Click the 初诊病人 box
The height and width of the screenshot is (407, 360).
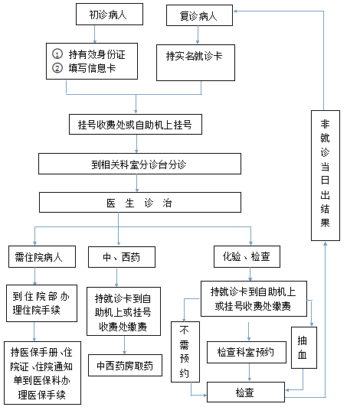[110, 15]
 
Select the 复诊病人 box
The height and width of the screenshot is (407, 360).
[199, 15]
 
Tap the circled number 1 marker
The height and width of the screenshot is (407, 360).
[57, 54]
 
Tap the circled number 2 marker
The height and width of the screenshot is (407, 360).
[57, 68]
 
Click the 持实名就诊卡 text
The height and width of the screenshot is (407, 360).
[194, 56]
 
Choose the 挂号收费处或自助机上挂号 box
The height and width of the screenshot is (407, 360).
[136, 125]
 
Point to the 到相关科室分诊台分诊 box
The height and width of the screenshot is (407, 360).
[139, 164]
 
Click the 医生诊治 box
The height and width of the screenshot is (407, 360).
[140, 203]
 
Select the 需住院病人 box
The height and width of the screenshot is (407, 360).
[42, 257]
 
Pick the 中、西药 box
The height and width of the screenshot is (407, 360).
[122, 257]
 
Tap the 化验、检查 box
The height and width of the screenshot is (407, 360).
[247, 257]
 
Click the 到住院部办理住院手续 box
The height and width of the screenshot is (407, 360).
[41, 304]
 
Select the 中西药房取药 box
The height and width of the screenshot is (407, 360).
[125, 365]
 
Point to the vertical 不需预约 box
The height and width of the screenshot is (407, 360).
[185, 352]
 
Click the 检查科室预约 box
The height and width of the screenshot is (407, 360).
[247, 352]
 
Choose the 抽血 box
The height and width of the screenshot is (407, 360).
[304, 348]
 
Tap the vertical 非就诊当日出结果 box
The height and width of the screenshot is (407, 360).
[326, 175]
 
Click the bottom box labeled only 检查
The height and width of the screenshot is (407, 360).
[246, 392]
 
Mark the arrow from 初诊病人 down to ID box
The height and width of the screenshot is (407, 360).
[95, 34]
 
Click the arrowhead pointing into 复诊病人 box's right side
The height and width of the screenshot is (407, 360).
[235, 11]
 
